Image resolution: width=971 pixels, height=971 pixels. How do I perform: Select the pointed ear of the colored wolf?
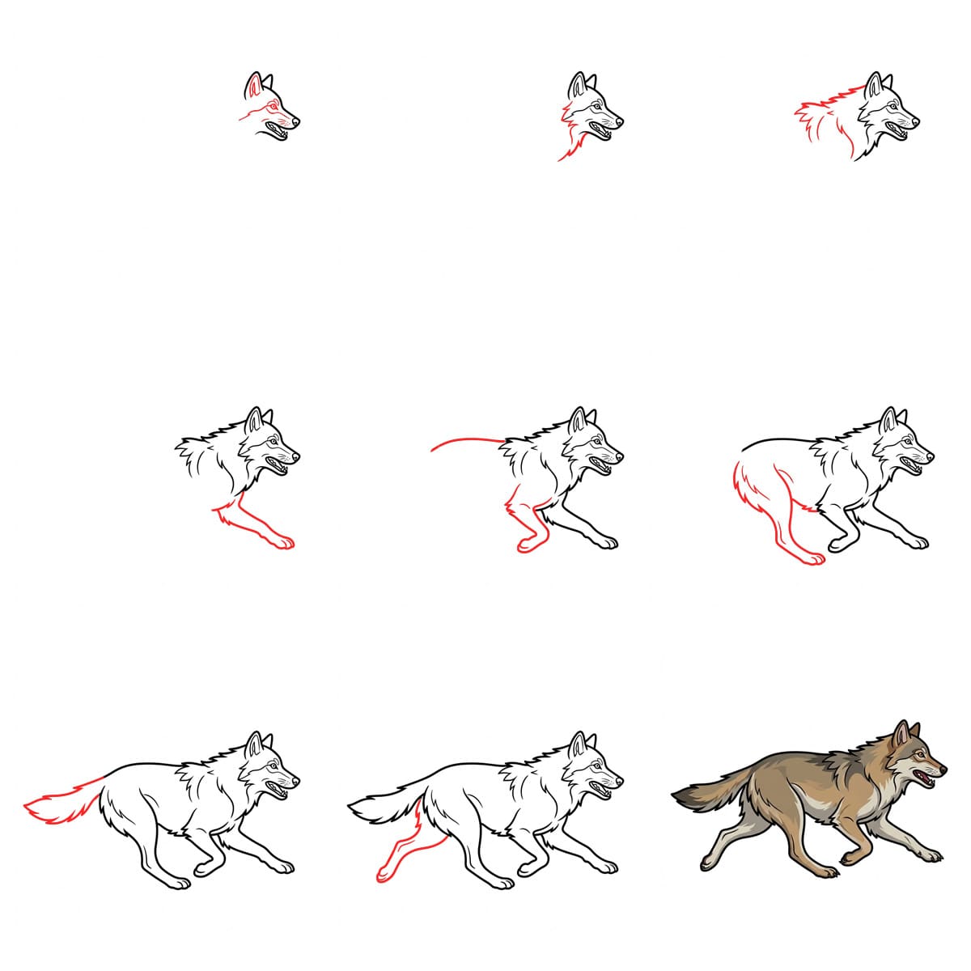[x=901, y=733]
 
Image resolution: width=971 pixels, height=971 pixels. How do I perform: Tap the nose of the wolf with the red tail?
[x=295, y=781]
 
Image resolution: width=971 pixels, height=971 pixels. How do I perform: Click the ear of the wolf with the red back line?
[x=578, y=420]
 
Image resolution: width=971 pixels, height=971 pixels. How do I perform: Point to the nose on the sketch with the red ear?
[x=295, y=121]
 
